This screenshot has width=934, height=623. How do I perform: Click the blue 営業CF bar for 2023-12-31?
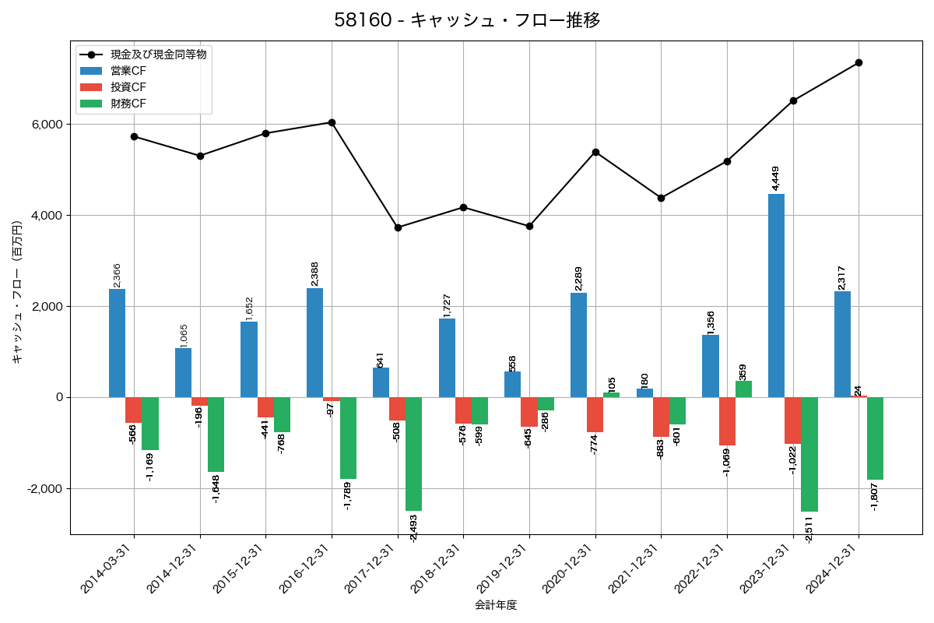pyautogui.click(x=776, y=296)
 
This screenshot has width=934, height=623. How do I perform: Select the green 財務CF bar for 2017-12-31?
pyautogui.click(x=413, y=453)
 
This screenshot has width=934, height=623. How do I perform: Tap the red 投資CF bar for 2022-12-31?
pyautogui.click(x=727, y=421)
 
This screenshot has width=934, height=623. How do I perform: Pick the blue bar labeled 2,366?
pyautogui.click(x=117, y=343)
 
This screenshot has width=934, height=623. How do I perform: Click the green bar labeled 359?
pyautogui.click(x=743, y=389)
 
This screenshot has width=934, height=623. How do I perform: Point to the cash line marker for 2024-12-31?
pyautogui.click(x=859, y=62)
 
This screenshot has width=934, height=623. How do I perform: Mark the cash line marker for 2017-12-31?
pyautogui.click(x=398, y=227)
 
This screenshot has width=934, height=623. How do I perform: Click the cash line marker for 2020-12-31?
pyautogui.click(x=595, y=152)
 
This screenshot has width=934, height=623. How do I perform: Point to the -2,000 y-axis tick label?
pyautogui.click(x=45, y=489)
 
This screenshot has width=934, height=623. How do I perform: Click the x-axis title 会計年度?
pyautogui.click(x=496, y=605)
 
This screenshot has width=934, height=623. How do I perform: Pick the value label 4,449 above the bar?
pyautogui.click(x=776, y=178)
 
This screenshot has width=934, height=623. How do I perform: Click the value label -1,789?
pyautogui.click(x=347, y=495)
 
